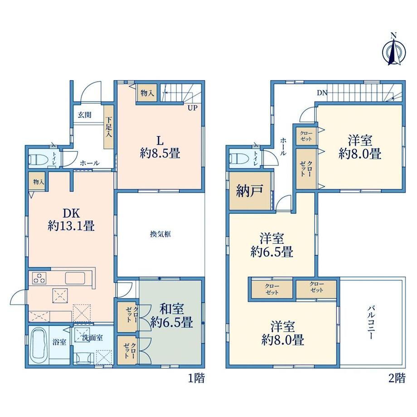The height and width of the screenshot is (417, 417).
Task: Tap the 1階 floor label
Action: [197, 378]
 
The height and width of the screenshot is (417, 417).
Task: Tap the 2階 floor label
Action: [397, 378]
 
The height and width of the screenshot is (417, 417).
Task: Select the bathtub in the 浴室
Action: [39, 345]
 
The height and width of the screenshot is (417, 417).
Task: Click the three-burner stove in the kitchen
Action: [39, 278]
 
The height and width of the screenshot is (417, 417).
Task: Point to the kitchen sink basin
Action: [75, 278]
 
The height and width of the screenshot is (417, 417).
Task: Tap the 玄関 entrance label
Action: [85, 115]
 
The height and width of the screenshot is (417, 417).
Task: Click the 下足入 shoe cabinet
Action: [109, 126]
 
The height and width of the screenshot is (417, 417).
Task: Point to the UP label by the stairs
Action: [193, 108]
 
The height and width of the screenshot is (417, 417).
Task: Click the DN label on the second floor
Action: [322, 93]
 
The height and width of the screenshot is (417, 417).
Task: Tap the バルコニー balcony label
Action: [372, 323]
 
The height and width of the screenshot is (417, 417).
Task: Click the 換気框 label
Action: [160, 234]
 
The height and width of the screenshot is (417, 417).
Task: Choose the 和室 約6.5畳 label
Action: [171, 316]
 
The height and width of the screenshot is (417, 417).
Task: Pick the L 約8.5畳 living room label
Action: [160, 147]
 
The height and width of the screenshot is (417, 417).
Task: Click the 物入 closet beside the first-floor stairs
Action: [147, 93]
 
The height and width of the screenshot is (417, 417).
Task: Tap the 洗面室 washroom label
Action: [92, 338]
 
